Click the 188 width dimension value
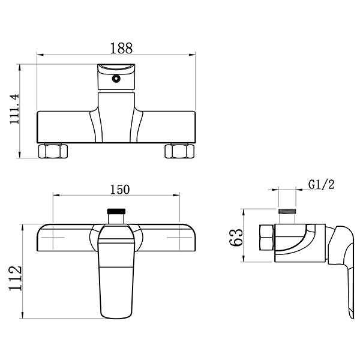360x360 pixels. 121,48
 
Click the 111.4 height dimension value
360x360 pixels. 14,109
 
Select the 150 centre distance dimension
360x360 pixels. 120,190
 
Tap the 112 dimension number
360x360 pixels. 16,278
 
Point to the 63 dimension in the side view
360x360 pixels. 236,238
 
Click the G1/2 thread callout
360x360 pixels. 321,184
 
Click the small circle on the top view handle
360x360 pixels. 116,79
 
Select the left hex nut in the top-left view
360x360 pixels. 53,151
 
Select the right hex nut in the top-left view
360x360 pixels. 179,151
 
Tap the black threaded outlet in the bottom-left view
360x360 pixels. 116,211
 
